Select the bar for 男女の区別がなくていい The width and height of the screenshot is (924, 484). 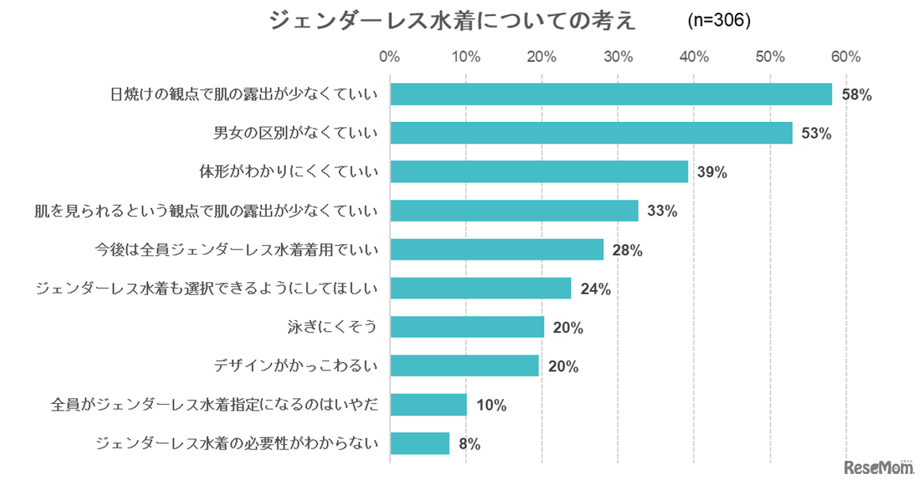(591, 133)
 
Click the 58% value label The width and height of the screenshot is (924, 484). (858, 94)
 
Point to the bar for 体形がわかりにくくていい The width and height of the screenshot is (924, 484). (539, 172)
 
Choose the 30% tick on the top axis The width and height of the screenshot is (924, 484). (618, 57)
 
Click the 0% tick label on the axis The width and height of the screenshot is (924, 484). (390, 57)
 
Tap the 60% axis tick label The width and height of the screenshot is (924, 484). (846, 57)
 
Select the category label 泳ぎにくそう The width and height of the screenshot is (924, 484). (333, 327)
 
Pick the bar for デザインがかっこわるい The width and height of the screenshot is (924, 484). (464, 366)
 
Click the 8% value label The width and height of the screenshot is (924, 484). (469, 444)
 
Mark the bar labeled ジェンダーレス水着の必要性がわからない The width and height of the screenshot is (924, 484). (419, 444)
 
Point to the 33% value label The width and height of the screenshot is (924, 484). (662, 211)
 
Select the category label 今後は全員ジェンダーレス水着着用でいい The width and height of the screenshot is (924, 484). (237, 250)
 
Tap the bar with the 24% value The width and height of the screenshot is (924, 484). (480, 289)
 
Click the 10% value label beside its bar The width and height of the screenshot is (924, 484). (491, 405)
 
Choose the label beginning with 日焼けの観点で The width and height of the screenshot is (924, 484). (244, 94)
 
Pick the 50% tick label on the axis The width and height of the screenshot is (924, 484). (770, 57)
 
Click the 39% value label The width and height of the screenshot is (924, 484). (711, 172)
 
